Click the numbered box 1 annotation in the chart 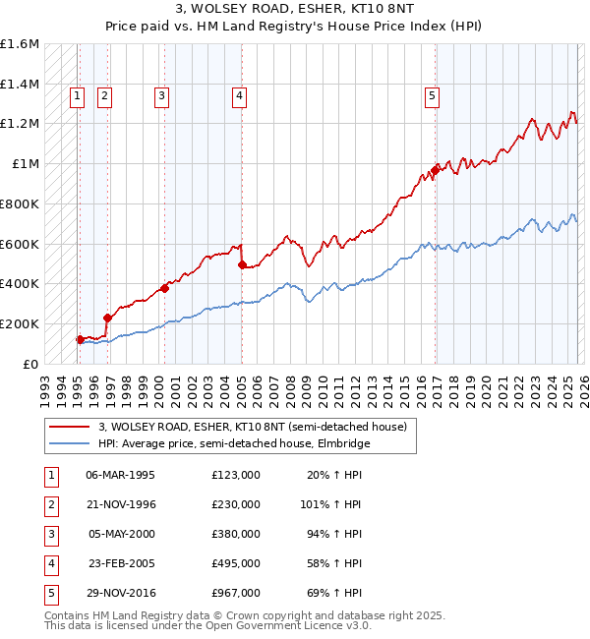point(77,95)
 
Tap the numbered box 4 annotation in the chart point(239,95)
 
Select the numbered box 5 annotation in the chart point(432,95)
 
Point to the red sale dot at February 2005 point(242,264)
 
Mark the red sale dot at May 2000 point(164,288)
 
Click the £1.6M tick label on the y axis point(20,44)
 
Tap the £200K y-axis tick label point(20,323)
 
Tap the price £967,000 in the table point(235,593)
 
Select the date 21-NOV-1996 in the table point(121,503)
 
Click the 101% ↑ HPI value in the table point(330,503)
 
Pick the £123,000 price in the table point(235,474)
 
